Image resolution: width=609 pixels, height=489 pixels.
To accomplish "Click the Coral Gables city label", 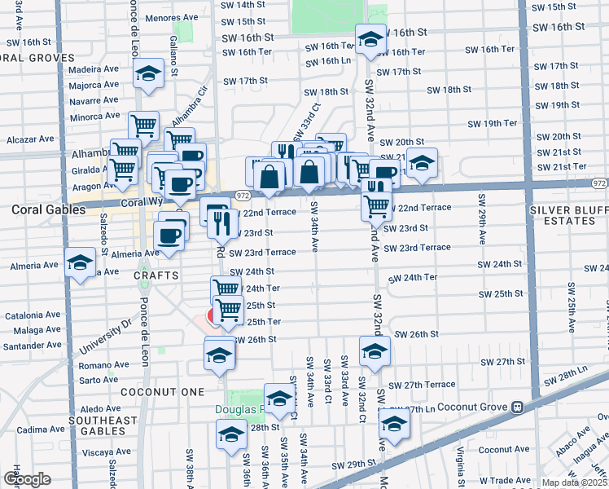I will pos(48,209).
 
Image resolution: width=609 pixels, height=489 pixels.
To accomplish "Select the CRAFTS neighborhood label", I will pos(156,275).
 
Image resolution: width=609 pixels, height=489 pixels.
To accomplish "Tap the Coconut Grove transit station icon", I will pos(516,407).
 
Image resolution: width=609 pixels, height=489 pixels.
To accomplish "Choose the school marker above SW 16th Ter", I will pos(370,39).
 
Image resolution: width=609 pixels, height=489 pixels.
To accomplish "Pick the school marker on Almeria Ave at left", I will pos(80,263).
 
